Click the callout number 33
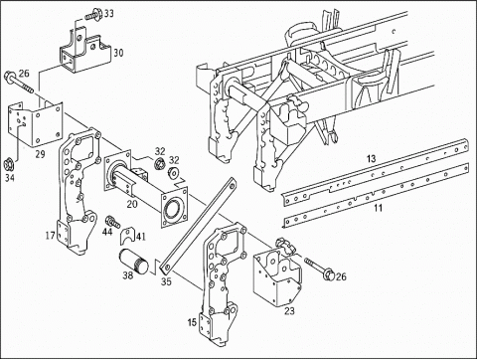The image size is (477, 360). [x=109, y=13]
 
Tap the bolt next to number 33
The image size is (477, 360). [x=92, y=14]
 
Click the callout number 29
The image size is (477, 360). [x=41, y=154]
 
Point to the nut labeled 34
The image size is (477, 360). [x=10, y=164]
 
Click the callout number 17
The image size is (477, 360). [x=51, y=236]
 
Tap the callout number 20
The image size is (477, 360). [x=132, y=204]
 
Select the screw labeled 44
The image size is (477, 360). [x=112, y=222]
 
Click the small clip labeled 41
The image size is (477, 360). [x=128, y=236]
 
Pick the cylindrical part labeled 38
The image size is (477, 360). [x=134, y=262]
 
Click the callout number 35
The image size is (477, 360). [x=167, y=281]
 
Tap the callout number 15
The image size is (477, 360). [x=192, y=322]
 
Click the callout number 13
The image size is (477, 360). [x=372, y=158]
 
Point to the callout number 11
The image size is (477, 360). [x=378, y=208]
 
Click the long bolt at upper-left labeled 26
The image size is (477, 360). [x=19, y=83]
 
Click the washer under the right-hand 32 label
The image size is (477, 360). [x=173, y=173]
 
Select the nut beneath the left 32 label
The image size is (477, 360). [x=160, y=164]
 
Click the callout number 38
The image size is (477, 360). [x=128, y=274]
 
